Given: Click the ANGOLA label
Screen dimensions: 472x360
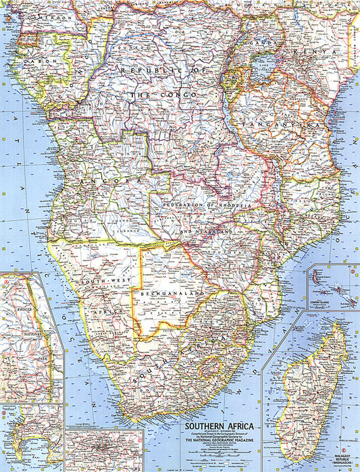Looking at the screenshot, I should pyautogui.click(x=105, y=182).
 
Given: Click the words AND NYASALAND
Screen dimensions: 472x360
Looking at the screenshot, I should pyautogui.click(x=206, y=231).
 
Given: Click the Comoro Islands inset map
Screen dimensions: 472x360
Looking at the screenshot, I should pyautogui.click(x=334, y=287).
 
